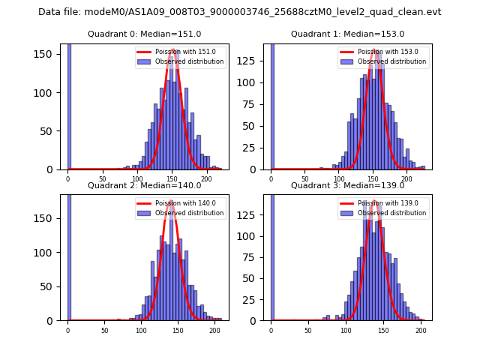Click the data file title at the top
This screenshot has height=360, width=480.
[239, 12]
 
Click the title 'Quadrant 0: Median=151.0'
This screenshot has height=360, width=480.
[144, 34]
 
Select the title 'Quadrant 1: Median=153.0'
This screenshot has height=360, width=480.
[347, 34]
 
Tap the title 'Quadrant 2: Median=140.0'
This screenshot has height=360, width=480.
[144, 185]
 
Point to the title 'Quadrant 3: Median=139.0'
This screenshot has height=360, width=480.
[347, 185]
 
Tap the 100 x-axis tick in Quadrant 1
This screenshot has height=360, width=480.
[339, 179]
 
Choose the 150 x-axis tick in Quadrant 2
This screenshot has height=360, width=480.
[178, 330]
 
